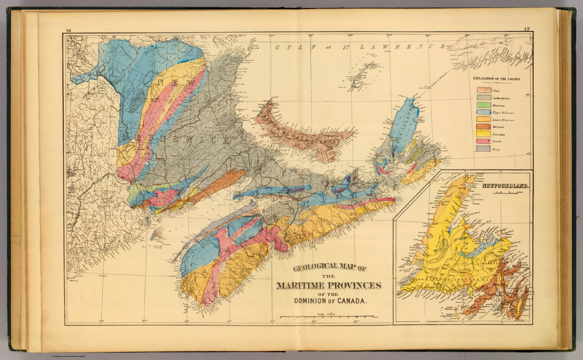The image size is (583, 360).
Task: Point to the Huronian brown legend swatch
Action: pyautogui.click(x=484, y=127)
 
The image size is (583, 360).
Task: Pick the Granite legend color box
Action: pyautogui.click(x=484, y=141)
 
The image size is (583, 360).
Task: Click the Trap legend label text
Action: pyautogui.click(x=496, y=149)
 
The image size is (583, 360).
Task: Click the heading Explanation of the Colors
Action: pyautogui.click(x=496, y=79)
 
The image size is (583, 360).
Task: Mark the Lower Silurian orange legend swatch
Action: pyautogui.click(x=484, y=119)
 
